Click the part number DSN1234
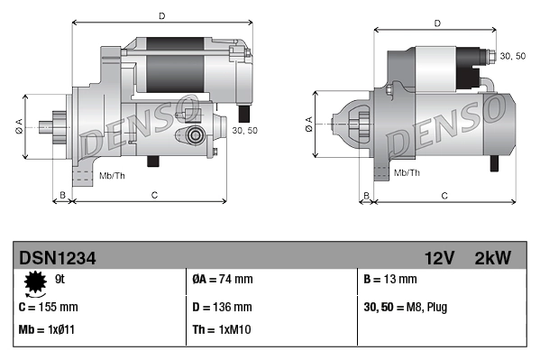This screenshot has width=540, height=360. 57,258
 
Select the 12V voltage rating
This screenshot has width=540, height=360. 439,258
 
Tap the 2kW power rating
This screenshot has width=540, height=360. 492,258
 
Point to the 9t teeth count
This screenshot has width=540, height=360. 60,279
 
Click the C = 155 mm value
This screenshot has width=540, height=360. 49,306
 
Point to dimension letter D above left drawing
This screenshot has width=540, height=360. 162,15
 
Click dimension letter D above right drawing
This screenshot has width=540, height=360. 436,23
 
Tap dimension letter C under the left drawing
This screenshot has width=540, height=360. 154,194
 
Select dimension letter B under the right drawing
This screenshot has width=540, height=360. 366,194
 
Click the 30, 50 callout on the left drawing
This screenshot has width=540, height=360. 245,131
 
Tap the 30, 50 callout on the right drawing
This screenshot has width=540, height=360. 513,56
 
